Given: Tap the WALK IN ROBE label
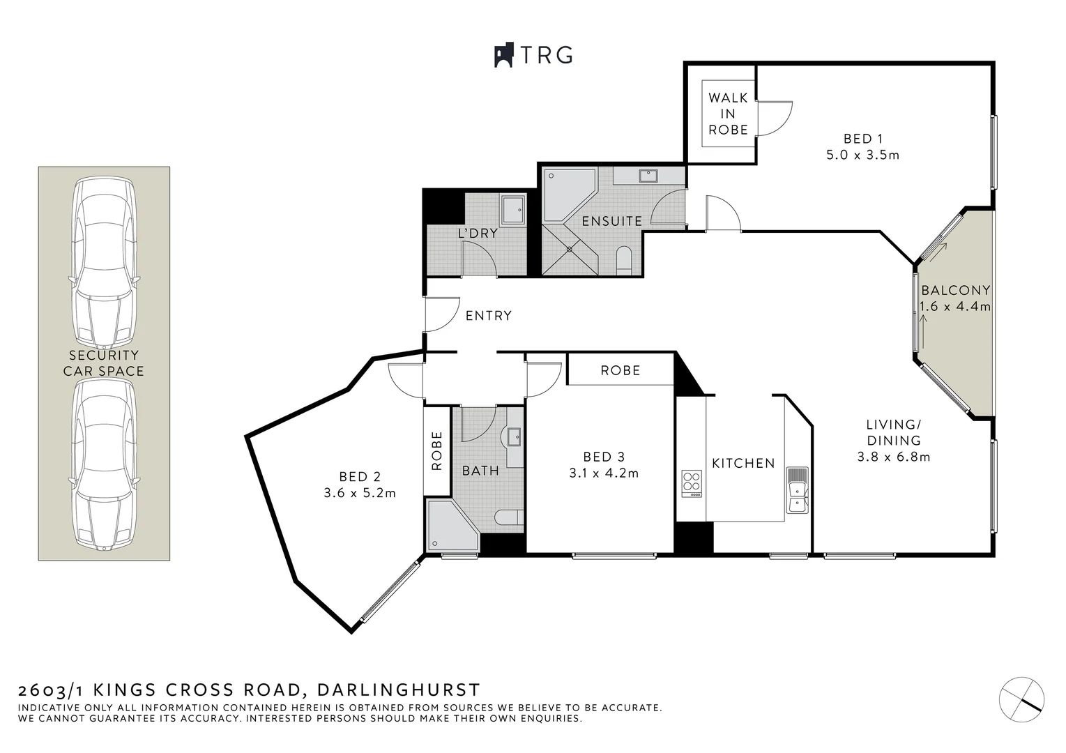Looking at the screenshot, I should click(728, 114).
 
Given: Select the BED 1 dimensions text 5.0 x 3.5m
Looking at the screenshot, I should click(862, 155).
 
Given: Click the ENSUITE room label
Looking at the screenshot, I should click(611, 221).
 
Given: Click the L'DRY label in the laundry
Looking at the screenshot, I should click(478, 233).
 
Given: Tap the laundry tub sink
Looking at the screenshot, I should click(515, 209).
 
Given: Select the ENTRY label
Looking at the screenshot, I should click(488, 316).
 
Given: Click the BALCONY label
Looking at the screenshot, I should click(955, 291).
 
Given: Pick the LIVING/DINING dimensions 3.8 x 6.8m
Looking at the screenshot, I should click(894, 457).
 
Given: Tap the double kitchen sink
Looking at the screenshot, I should click(796, 490).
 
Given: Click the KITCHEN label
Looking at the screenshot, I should click(743, 463).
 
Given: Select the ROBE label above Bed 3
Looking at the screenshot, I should click(620, 370).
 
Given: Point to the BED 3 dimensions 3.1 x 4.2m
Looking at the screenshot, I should click(604, 473).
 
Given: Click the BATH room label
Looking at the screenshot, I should click(480, 471).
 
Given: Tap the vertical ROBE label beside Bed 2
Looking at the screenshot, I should click(437, 450).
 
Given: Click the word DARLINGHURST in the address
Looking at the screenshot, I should click(398, 690).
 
